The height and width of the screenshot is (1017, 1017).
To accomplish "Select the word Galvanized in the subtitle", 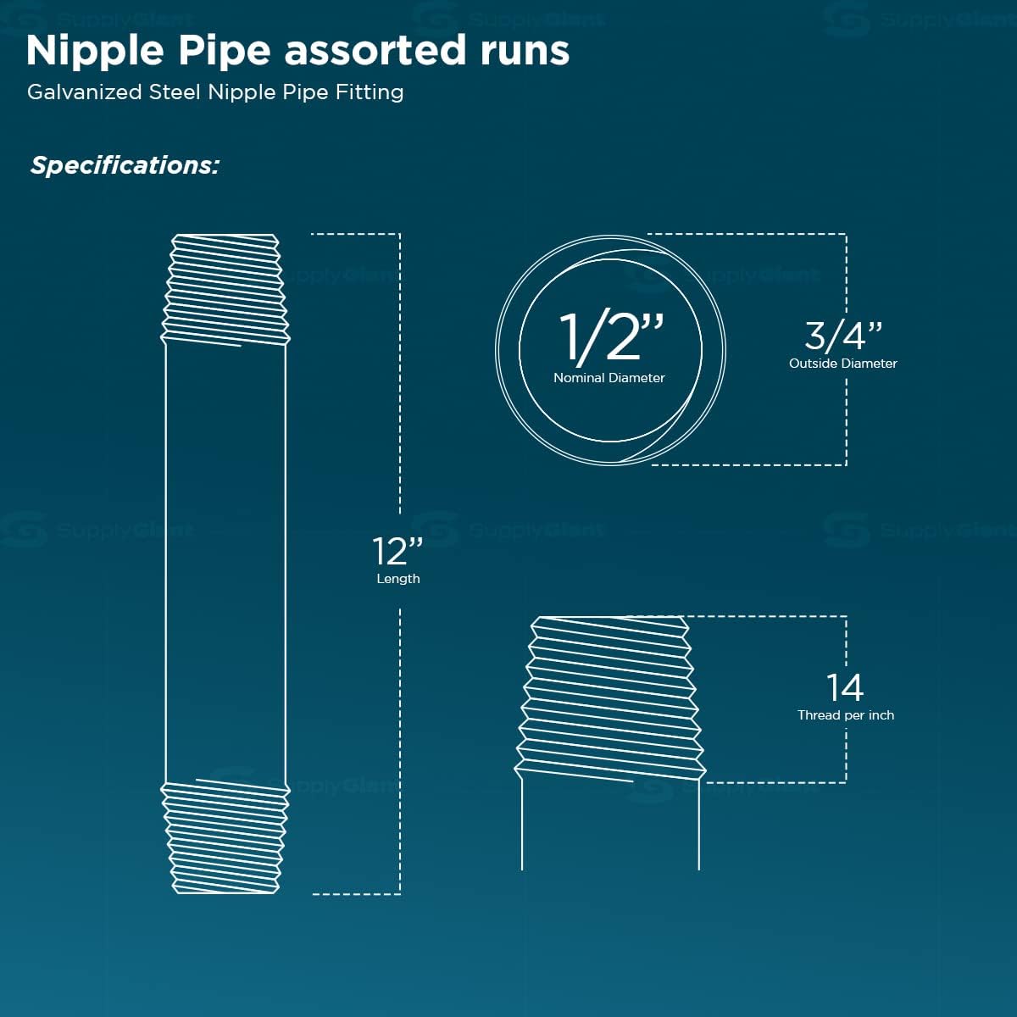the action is [85, 92].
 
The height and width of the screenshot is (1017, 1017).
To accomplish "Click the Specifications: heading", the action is [125, 165].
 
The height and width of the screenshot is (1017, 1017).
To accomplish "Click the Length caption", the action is [398, 579].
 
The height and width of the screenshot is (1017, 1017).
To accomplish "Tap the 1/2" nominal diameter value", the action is [610, 336].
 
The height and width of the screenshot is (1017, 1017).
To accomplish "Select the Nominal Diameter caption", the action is [609, 378].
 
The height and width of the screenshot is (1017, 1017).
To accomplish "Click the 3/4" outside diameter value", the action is [842, 336].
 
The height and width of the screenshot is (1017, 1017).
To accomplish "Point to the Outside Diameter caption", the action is [842, 364].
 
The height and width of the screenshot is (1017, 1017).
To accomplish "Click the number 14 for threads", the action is [845, 687].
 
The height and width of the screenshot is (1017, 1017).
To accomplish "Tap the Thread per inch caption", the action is [846, 715].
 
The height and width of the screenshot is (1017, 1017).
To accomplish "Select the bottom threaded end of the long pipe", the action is [225, 836].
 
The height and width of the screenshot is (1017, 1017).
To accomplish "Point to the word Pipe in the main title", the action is [225, 52].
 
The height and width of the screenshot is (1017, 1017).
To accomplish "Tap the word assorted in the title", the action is [375, 52].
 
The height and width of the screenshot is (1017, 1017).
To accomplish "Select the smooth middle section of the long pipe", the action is [225, 563].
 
